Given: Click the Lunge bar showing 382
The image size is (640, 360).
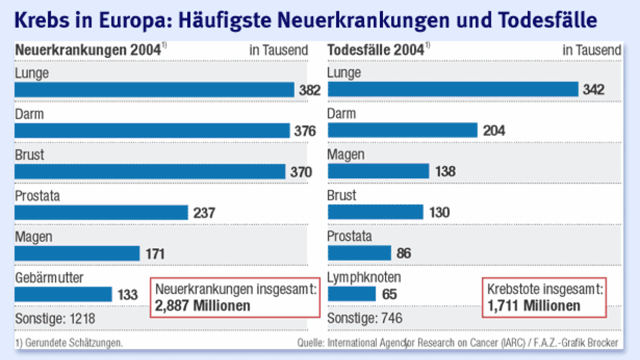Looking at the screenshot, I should (x=154, y=90).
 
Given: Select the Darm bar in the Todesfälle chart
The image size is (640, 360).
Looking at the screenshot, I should (x=403, y=130).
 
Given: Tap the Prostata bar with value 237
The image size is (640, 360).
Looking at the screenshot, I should (x=101, y=212).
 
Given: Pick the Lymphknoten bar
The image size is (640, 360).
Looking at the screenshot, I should (x=352, y=294).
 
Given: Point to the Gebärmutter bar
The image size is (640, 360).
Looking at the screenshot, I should (x=63, y=294).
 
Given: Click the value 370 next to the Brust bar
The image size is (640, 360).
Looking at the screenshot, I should (x=301, y=172).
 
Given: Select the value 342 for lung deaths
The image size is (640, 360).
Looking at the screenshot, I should (x=594, y=90).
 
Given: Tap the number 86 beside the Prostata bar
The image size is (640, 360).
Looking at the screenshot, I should (x=404, y=253).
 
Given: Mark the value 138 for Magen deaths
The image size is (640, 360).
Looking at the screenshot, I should (x=444, y=171).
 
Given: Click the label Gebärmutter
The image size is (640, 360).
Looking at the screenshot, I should (x=49, y=278).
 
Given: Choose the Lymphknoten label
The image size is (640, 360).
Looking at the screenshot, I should (x=364, y=278).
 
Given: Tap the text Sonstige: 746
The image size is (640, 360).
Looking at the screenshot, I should (x=365, y=318).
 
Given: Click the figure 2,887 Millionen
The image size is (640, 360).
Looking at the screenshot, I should (x=202, y=305).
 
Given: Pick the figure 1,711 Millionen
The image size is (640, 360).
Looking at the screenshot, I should (x=534, y=305).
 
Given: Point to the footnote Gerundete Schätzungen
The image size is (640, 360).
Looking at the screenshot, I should (x=72, y=342).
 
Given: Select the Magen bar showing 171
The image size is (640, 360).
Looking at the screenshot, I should (x=77, y=253).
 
